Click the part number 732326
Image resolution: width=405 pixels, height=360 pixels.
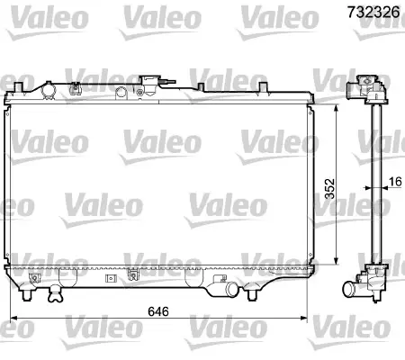pos(373,12)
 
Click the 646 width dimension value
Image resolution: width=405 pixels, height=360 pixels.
pos(158,311)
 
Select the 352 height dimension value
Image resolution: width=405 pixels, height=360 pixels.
pos(329,188)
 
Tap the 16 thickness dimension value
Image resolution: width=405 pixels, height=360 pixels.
pos(395,182)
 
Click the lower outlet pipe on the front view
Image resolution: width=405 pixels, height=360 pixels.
pos(230,289)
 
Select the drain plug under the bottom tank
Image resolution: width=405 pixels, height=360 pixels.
pos(56,293)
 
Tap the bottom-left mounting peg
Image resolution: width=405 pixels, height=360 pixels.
pos(27,295)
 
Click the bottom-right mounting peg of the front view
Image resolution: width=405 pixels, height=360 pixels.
pos(251,295)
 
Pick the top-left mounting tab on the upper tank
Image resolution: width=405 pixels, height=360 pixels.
pos(18,86)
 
